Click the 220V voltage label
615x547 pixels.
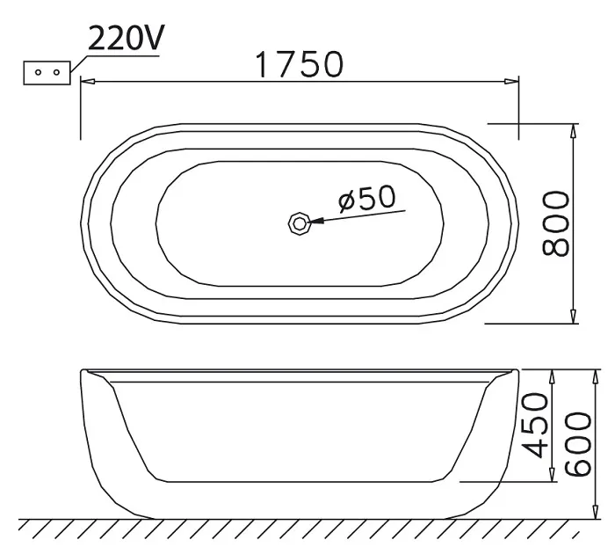pyautogui.click(x=126, y=38)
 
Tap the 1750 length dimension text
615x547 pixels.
pyautogui.click(x=300, y=64)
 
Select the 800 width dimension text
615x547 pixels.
pyautogui.click(x=555, y=223)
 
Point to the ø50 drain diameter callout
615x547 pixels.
pyautogui.click(x=367, y=198)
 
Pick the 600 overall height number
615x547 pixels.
pyautogui.click(x=578, y=444)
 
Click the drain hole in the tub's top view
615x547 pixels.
pyautogui.click(x=300, y=224)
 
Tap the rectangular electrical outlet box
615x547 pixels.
pyautogui.click(x=47, y=73)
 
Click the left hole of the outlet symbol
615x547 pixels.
pyautogui.click(x=38, y=72)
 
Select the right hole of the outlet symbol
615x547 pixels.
pyautogui.click(x=56, y=72)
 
